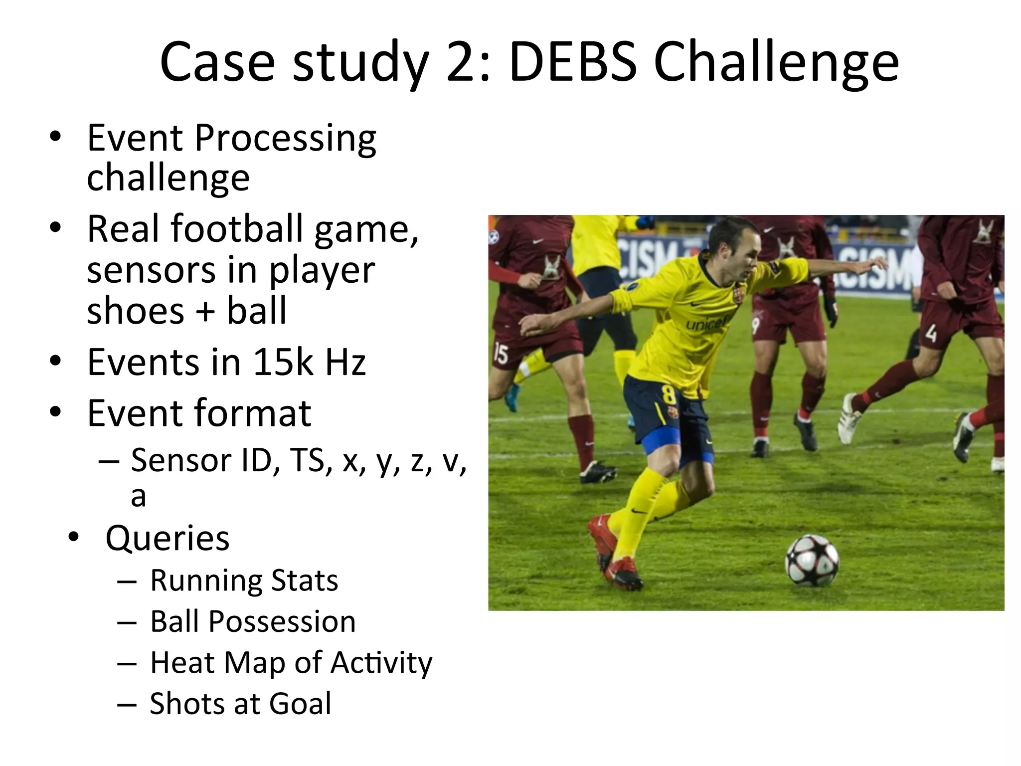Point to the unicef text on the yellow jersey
click(707, 324)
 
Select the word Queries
click(168, 538)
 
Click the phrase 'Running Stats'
click(244, 580)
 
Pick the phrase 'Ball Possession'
click(253, 622)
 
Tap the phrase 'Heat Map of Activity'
click(291, 663)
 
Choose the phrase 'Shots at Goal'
click(240, 704)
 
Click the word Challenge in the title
click(776, 62)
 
